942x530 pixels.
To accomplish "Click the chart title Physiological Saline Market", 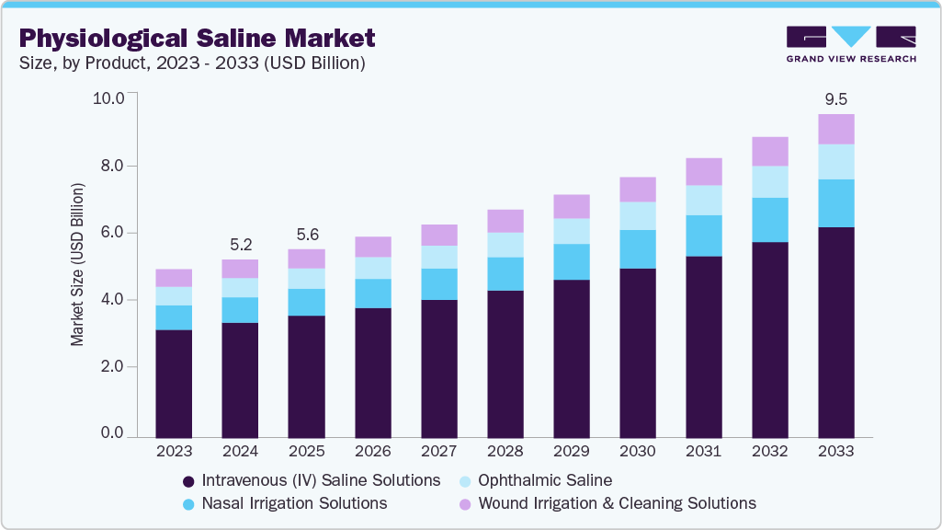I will (198, 39).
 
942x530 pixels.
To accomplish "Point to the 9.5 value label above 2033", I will (835, 98).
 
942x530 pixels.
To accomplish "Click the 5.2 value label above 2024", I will (240, 244).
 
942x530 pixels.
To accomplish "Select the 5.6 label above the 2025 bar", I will (306, 234).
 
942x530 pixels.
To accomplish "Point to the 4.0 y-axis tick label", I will (113, 300).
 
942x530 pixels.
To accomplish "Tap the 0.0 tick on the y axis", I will (113, 433).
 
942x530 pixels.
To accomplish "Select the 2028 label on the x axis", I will (505, 452).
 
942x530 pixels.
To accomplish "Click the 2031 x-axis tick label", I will (703, 452).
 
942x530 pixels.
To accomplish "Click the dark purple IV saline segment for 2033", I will (835, 331).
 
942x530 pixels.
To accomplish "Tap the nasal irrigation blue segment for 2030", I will (637, 249).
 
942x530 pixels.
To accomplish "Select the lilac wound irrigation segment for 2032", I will (769, 151).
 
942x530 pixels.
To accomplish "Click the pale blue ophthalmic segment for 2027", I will (438, 257).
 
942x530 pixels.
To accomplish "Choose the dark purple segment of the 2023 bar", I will (174, 383).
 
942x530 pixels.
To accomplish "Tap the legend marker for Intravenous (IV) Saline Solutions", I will (188, 481).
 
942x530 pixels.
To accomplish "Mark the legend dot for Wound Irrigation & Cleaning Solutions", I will (466, 504).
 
